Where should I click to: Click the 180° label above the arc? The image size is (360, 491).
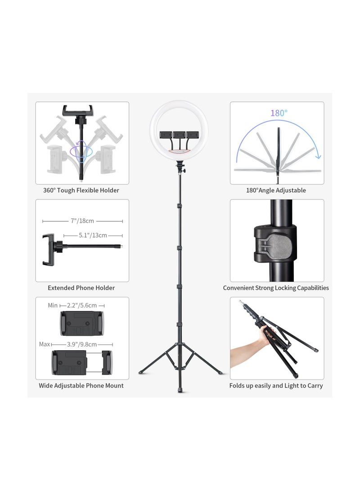pos(279,113)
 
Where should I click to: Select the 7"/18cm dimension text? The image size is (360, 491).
pos(82,221)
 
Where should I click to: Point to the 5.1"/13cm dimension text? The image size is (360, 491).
pos(93,235)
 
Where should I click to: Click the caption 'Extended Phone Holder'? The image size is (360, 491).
pos(81,288)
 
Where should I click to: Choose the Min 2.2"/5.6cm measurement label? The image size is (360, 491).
pos(76,306)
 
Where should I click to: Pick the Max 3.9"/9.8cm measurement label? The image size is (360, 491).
pos(75,344)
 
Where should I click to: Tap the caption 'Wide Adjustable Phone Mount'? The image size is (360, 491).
pos(81,386)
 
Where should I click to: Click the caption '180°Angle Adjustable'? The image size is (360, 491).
pos(276,190)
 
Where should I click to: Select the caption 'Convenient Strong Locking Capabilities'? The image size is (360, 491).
pos(276,288)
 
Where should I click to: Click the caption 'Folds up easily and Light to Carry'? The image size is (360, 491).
pos(276,386)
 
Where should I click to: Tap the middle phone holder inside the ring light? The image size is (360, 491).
pos(180,134)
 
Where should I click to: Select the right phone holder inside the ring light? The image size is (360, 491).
pos(193,134)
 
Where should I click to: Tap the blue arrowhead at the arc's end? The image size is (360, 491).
pos(319,157)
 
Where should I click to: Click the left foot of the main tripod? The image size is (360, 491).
pos(141,372)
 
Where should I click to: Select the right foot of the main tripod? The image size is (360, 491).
pos(220,372)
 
